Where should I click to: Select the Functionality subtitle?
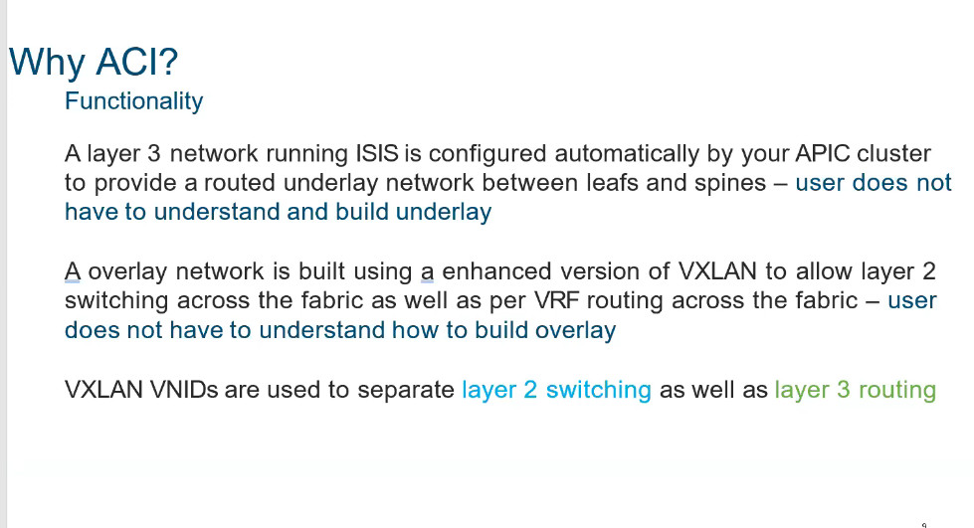(x=133, y=101)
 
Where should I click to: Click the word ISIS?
(x=376, y=153)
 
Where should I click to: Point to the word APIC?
(x=822, y=153)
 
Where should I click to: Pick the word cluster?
(x=893, y=153)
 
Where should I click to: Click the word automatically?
(x=624, y=154)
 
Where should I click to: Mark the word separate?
(x=406, y=391)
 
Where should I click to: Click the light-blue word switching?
(x=598, y=391)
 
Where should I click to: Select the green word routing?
(x=897, y=391)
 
